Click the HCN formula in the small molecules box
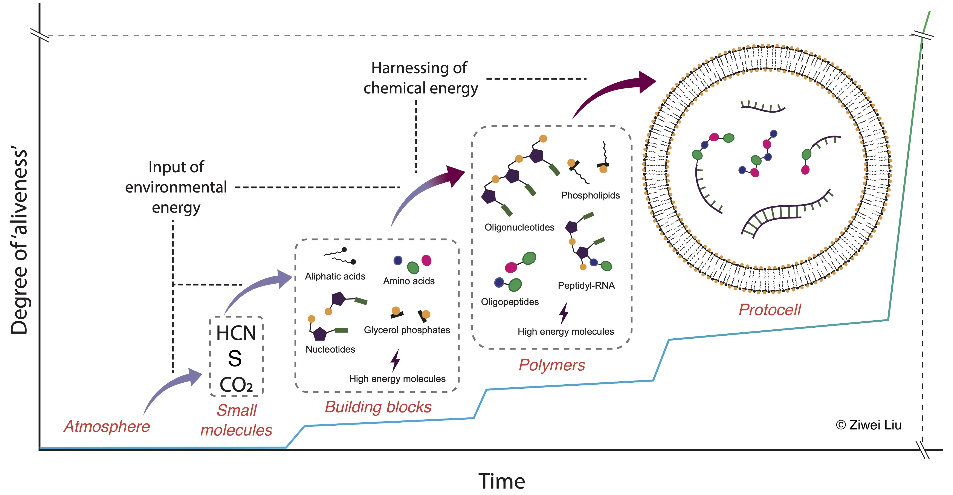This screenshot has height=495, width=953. (x=236, y=333)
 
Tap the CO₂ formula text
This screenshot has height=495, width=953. (x=236, y=385)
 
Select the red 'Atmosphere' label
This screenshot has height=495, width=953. (x=107, y=426)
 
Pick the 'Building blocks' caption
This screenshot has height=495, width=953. (x=378, y=407)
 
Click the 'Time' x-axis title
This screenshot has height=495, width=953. (x=502, y=481)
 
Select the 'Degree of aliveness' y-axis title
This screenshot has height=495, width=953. (x=19, y=242)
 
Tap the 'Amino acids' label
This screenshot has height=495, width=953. (x=409, y=281)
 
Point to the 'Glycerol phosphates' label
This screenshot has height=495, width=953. (x=407, y=330)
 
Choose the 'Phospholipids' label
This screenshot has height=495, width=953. (x=590, y=195)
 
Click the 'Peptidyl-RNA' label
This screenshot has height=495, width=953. (x=586, y=286)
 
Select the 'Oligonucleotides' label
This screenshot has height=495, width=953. (x=519, y=227)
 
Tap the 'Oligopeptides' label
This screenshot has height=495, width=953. (x=510, y=302)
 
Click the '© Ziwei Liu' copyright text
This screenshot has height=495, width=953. (x=868, y=425)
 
